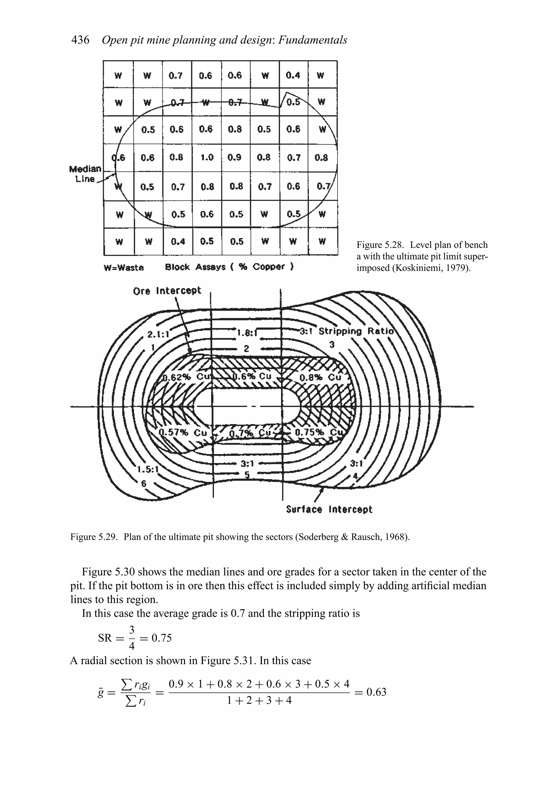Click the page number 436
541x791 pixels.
click(80, 40)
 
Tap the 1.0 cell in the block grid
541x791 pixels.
click(207, 158)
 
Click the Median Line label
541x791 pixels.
click(85, 174)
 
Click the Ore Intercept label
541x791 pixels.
click(167, 291)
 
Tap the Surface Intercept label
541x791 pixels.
click(329, 510)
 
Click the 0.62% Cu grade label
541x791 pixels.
click(186, 377)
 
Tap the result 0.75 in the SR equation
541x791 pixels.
click(161, 638)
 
